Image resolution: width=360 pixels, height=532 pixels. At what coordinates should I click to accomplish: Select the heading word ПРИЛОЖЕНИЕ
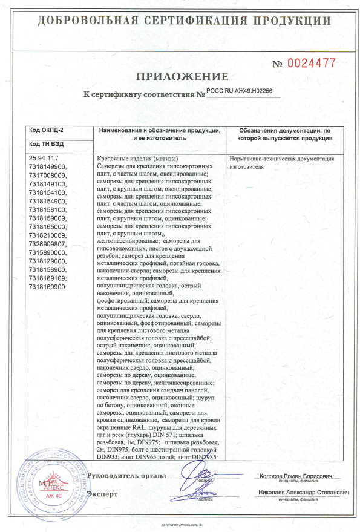coord(182,77)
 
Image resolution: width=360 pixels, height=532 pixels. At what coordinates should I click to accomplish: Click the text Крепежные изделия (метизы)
coord(134,159)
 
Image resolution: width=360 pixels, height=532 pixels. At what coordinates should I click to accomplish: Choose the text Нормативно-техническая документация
coord(281,159)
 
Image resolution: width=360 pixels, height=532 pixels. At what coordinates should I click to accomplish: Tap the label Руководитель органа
coord(126,475)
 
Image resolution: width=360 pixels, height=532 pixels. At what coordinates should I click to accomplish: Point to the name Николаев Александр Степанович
coord(303,493)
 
